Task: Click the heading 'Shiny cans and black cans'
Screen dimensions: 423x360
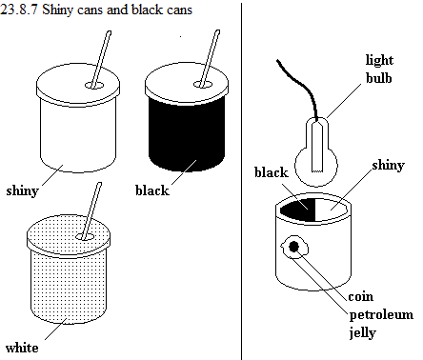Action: click(x=117, y=10)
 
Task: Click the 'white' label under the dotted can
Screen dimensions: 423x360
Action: click(x=22, y=348)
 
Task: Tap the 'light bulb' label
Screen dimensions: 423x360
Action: click(x=379, y=70)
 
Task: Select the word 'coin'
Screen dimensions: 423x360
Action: click(x=361, y=297)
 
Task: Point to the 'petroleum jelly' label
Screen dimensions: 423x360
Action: click(x=381, y=324)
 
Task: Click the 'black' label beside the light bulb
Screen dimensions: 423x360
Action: click(x=272, y=172)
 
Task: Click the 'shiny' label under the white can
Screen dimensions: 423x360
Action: click(x=22, y=190)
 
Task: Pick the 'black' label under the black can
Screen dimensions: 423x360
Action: click(x=152, y=190)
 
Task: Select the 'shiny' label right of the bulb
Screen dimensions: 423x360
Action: click(x=388, y=166)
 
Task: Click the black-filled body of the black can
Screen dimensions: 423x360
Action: click(x=187, y=133)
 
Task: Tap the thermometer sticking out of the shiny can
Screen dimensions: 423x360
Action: click(x=101, y=59)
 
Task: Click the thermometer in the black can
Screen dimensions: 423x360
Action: click(x=211, y=59)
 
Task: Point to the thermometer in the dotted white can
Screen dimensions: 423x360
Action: click(x=91, y=210)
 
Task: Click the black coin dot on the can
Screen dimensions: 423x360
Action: click(x=294, y=247)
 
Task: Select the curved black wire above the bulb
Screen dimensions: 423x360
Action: click(x=299, y=88)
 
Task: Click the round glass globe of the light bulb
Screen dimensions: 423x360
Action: click(x=316, y=166)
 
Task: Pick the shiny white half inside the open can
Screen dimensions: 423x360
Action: click(x=331, y=210)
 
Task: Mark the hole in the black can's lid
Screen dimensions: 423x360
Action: click(x=203, y=85)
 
